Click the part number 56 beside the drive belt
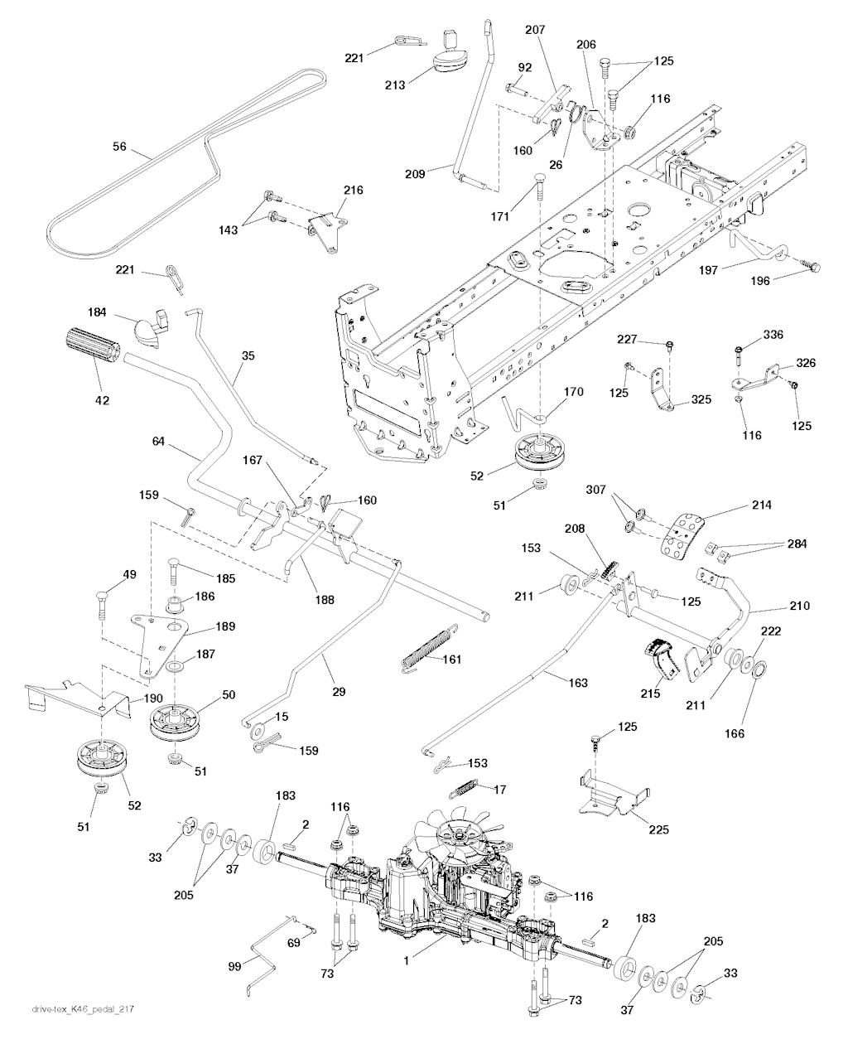(x=119, y=146)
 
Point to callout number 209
(x=415, y=174)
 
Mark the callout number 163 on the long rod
(x=577, y=683)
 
